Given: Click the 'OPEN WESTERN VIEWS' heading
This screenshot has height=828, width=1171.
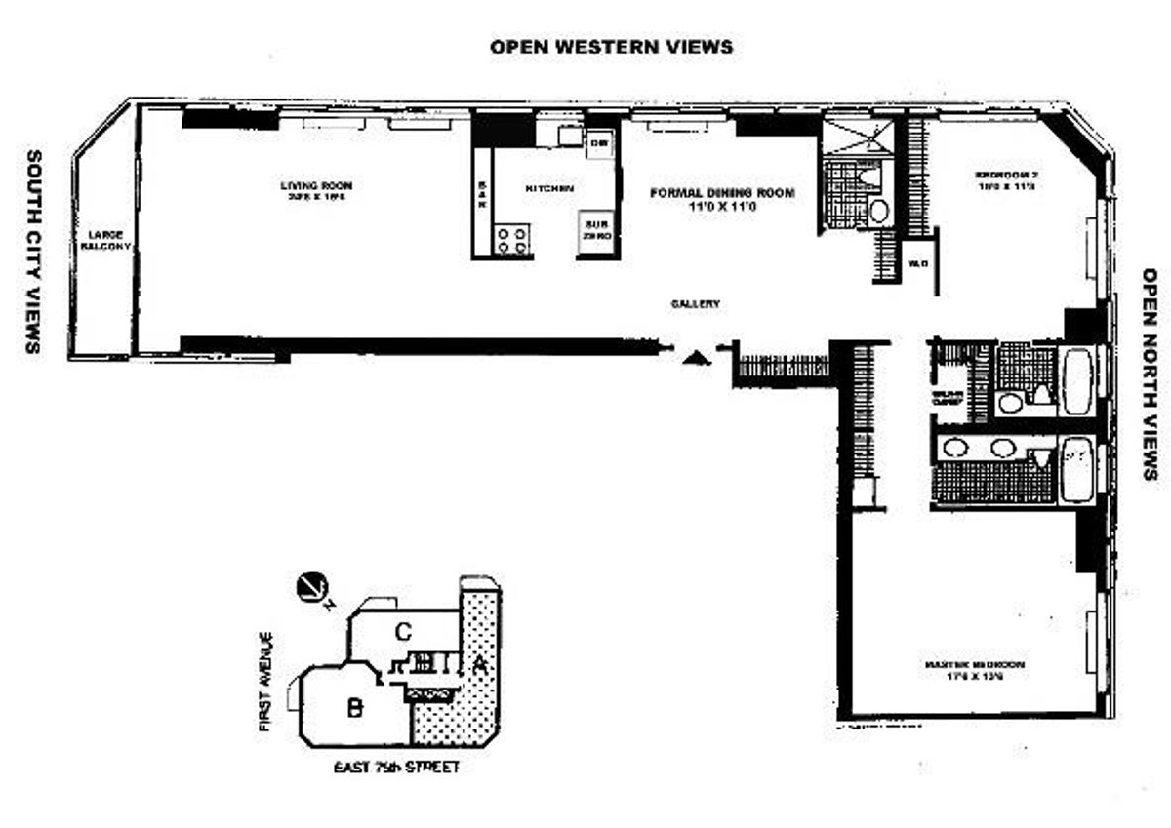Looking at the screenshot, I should point(611,46).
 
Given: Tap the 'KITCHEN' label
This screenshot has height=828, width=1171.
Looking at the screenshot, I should point(548,188).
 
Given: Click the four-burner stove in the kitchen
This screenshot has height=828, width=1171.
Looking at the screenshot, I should point(513,239).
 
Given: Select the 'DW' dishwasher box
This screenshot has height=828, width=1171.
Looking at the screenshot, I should point(598,144).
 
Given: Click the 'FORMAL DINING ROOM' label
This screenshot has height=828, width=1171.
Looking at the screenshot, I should point(723,193).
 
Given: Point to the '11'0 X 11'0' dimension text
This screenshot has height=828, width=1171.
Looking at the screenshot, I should point(723,207).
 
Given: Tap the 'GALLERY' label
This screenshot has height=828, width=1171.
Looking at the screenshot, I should point(696,304).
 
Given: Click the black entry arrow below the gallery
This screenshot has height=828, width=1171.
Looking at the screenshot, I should point(696,357).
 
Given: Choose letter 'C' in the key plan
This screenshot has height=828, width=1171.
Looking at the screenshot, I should point(401,632).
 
